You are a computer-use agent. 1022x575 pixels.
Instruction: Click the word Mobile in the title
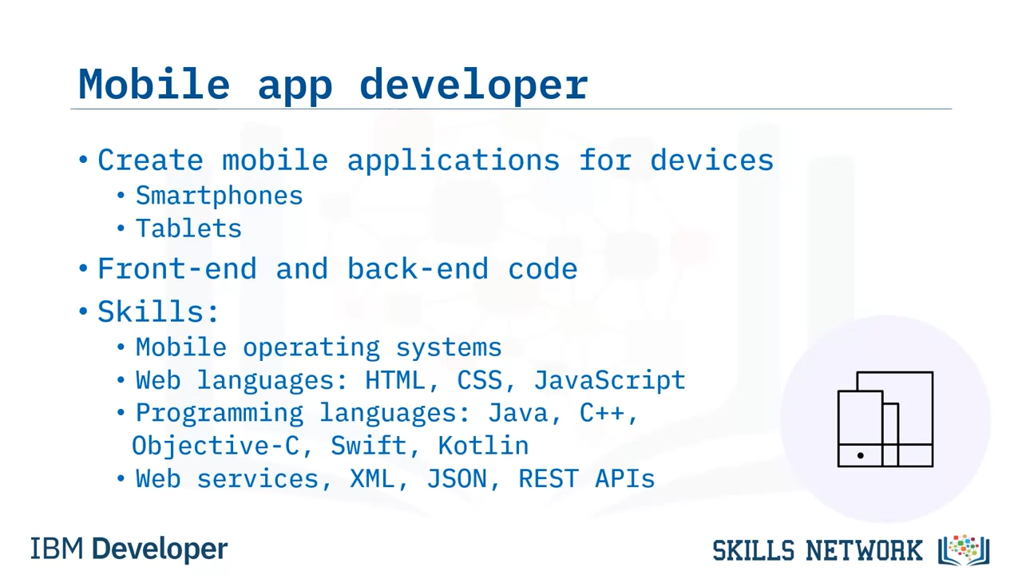[154, 85]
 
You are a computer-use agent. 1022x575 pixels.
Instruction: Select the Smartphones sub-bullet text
[219, 196]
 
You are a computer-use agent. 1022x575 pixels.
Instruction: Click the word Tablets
[188, 228]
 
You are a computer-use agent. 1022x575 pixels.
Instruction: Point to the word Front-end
[177, 268]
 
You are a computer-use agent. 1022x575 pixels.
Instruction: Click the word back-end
[418, 268]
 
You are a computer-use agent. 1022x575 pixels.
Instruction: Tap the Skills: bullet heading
[158, 311]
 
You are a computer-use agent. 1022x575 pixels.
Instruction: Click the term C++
[602, 413]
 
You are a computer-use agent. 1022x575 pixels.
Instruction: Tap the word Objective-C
[215, 446]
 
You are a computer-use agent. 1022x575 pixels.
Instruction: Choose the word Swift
[368, 446]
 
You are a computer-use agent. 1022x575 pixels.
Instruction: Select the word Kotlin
[483, 446]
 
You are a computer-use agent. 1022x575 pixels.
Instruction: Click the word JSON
[457, 479]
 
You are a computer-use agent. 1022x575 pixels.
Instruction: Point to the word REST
[549, 479]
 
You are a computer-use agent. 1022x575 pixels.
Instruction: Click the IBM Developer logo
[129, 549]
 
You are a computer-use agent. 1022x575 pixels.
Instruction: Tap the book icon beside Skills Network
[964, 550]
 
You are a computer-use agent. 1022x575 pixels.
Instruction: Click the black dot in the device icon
[861, 455]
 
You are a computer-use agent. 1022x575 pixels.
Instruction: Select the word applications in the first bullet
[454, 161]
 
